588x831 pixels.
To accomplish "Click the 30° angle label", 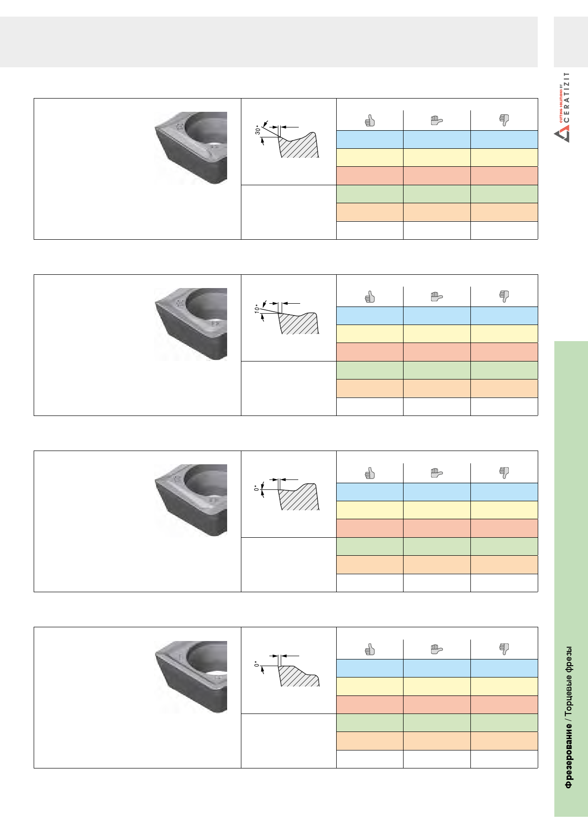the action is coord(257,130).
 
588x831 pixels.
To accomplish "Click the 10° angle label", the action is coord(257,308).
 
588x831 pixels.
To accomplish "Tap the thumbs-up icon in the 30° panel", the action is coord(370,121).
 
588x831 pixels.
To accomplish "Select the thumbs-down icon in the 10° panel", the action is coord(504,297).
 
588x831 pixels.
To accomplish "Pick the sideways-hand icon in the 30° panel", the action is coord(437,121).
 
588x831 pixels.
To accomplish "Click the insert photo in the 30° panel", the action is coord(191,148).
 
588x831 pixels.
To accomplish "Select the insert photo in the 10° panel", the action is coord(191,325).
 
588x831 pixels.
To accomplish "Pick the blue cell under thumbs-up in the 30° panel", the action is coord(370,139).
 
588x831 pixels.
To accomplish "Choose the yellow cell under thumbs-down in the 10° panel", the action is coord(504,334).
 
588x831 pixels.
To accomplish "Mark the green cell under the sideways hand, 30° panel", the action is coord(437,194).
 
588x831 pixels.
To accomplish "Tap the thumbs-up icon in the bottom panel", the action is coord(370,650).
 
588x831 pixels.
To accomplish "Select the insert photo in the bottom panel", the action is coord(191,677).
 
